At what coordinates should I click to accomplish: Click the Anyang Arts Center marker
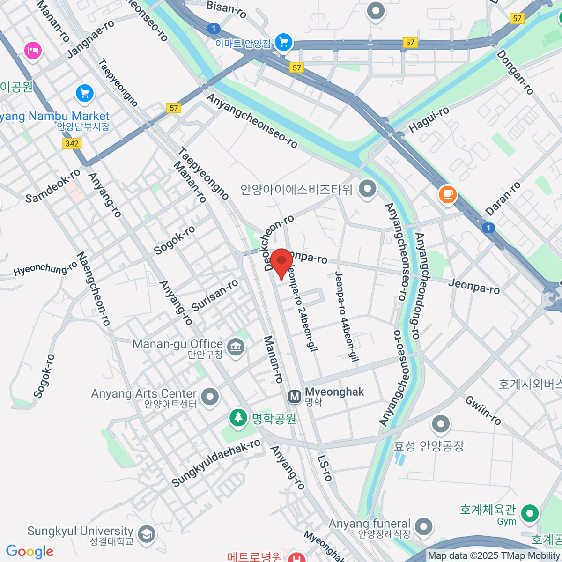coord(209,396)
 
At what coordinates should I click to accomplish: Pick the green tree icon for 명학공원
coord(238,417)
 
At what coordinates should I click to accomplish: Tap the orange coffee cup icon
coord(447,193)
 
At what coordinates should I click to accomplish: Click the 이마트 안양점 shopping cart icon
coord(283,43)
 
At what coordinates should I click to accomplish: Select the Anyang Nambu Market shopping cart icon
coord(85,93)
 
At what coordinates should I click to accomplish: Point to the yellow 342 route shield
coord(72,143)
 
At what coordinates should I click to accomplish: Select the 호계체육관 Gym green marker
coord(530,513)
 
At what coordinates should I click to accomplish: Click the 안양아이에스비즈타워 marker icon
coord(367,189)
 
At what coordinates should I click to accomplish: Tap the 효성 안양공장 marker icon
coord(440,424)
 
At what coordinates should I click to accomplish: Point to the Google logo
coord(30,552)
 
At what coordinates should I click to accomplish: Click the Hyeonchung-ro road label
coord(45,269)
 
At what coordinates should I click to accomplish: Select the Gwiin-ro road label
coord(483,410)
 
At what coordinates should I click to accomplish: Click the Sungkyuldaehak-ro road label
coord(216,463)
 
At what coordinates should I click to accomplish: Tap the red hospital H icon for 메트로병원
coord(296,557)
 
